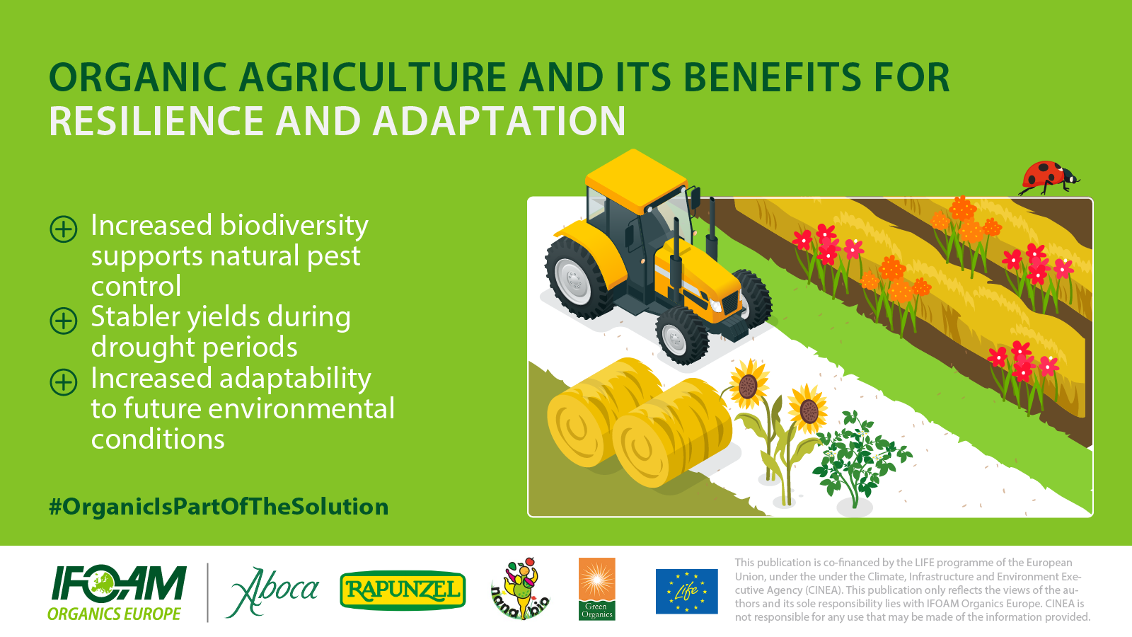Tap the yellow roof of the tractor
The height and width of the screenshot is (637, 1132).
636,180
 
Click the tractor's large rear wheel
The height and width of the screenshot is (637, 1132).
575,277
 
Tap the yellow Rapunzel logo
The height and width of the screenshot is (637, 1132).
403,590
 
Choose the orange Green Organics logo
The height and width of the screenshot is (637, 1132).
597,589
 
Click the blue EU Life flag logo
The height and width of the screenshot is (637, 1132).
686,591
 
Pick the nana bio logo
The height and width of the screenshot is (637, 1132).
520,589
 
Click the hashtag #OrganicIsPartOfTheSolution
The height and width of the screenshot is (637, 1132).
219,507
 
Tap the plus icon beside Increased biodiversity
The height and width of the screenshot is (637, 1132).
64,229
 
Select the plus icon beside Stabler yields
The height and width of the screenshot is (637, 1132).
64,321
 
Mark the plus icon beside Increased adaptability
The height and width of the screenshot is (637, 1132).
64,381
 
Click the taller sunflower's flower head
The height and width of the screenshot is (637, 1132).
749,385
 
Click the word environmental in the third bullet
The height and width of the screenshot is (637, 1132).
301,408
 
